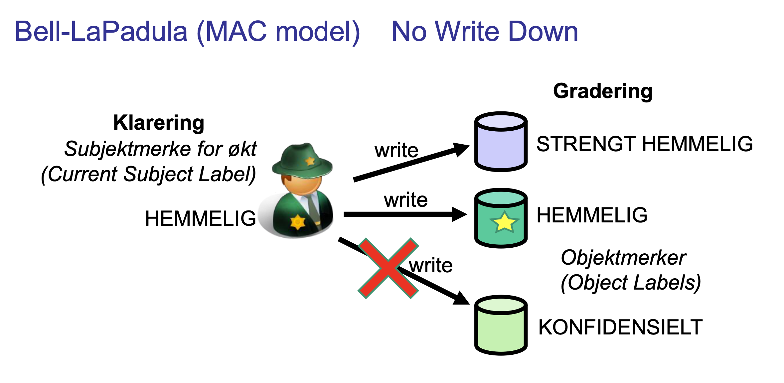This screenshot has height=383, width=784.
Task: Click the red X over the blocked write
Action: point(388,268)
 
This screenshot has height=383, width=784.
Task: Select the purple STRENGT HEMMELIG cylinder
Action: point(501,142)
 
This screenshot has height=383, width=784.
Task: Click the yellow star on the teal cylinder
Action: point(504,222)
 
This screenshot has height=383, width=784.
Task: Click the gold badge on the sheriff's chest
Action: point(297,222)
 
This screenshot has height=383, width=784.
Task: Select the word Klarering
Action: point(159,123)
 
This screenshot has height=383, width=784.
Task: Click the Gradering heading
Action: point(602,91)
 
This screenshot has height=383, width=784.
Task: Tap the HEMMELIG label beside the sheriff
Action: point(200,218)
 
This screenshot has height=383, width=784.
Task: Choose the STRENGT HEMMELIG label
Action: point(644,144)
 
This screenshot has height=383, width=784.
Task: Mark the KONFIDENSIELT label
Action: point(620,327)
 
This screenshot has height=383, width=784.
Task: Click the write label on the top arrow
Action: point(396,150)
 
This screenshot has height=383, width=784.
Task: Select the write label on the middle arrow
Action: point(405,200)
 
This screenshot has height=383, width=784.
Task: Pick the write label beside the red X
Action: point(431,265)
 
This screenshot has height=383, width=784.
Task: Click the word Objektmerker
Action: point(623,257)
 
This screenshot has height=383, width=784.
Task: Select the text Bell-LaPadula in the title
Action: point(101,32)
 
